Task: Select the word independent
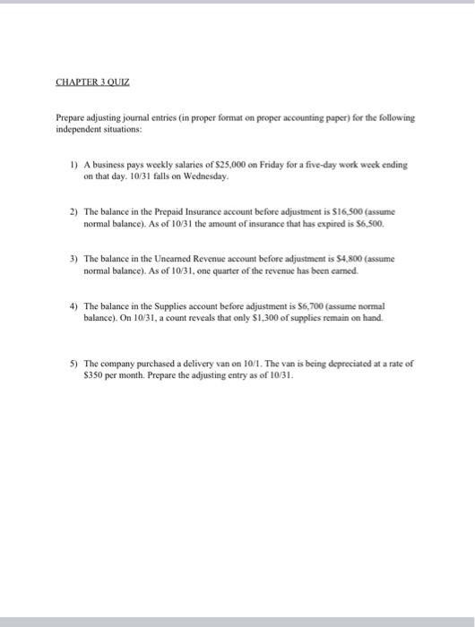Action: coord(82,129)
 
